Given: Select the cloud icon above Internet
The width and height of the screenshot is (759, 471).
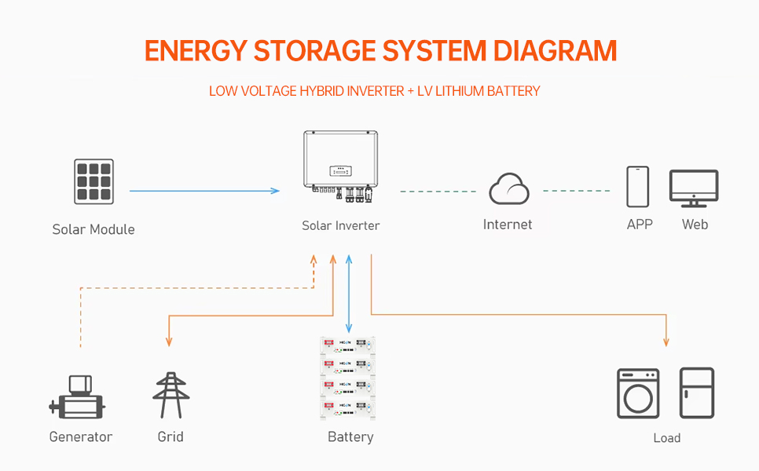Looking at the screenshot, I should coord(508,190).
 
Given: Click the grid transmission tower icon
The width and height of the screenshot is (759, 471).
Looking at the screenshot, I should coord(170,396).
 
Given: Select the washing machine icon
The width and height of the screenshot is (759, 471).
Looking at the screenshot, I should coord(637,393).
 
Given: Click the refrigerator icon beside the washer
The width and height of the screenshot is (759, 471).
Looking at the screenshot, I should coord(696,393).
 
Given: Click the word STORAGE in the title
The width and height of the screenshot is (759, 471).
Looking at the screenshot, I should coord(314,51).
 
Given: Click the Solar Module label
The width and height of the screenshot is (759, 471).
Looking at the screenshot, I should coord(93,229).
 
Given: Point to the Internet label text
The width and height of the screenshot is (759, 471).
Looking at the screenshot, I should coord(508,225).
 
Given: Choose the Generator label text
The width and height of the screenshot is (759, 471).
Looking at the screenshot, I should coord(81,436).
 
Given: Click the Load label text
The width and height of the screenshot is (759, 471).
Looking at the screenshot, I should coord(666,438).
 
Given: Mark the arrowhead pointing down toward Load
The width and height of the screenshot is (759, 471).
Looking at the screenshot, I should coord(666,341).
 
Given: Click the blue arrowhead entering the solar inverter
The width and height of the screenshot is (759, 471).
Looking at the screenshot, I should coord(275,191).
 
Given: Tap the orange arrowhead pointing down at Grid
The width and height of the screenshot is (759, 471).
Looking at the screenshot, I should coord(169,341).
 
